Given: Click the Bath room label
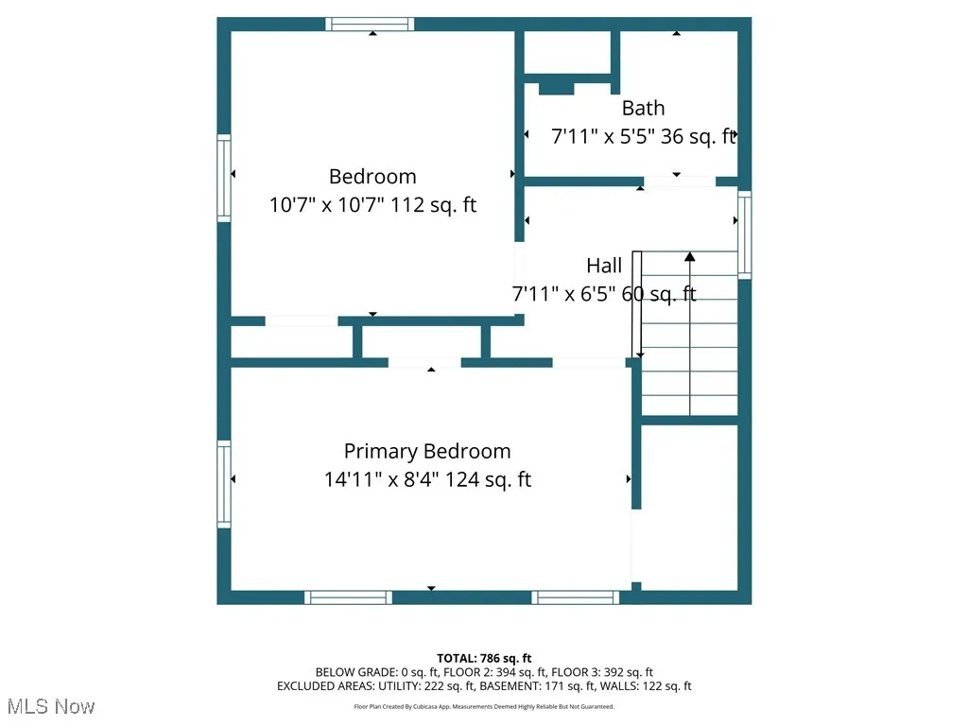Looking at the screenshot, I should [643, 108].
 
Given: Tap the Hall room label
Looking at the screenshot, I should [604, 266].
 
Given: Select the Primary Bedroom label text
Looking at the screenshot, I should [427, 451].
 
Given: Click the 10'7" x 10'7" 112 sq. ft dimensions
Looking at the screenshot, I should [372, 204].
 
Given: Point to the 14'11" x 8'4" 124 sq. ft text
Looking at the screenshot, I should [427, 479].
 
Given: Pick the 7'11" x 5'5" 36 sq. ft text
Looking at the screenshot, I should [643, 136].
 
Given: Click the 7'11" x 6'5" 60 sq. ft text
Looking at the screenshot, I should [604, 294].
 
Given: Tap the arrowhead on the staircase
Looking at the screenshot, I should [690, 255].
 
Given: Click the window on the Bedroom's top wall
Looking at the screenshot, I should [370, 25].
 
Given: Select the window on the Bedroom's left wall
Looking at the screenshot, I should [224, 178].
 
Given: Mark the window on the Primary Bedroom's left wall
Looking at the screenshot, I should [224, 484].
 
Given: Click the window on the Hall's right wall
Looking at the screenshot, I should [745, 234].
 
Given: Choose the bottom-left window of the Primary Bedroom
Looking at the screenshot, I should [348, 597].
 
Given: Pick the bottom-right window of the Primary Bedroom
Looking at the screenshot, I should [575, 597].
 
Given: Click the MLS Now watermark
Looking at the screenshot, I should [50, 706].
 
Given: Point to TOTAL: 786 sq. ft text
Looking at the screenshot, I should [484, 658].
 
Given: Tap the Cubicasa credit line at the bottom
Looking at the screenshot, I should [484, 706].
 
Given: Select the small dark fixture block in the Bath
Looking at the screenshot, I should [556, 89].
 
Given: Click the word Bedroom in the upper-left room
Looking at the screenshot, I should [372, 176].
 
